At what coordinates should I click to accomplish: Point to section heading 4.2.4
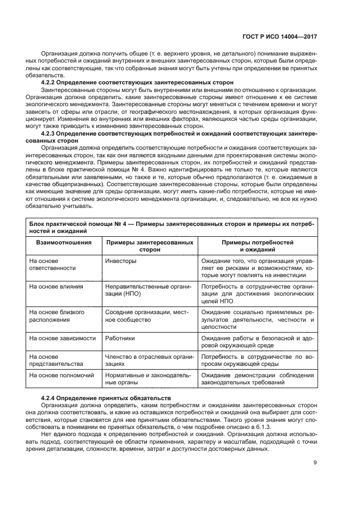click(106, 397)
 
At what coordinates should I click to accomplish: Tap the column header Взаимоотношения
click(60, 242)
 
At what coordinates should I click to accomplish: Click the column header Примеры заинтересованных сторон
click(149, 245)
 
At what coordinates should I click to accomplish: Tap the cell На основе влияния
click(56, 286)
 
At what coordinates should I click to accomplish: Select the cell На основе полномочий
click(62, 375)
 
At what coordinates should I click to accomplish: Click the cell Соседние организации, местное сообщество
click(146, 316)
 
